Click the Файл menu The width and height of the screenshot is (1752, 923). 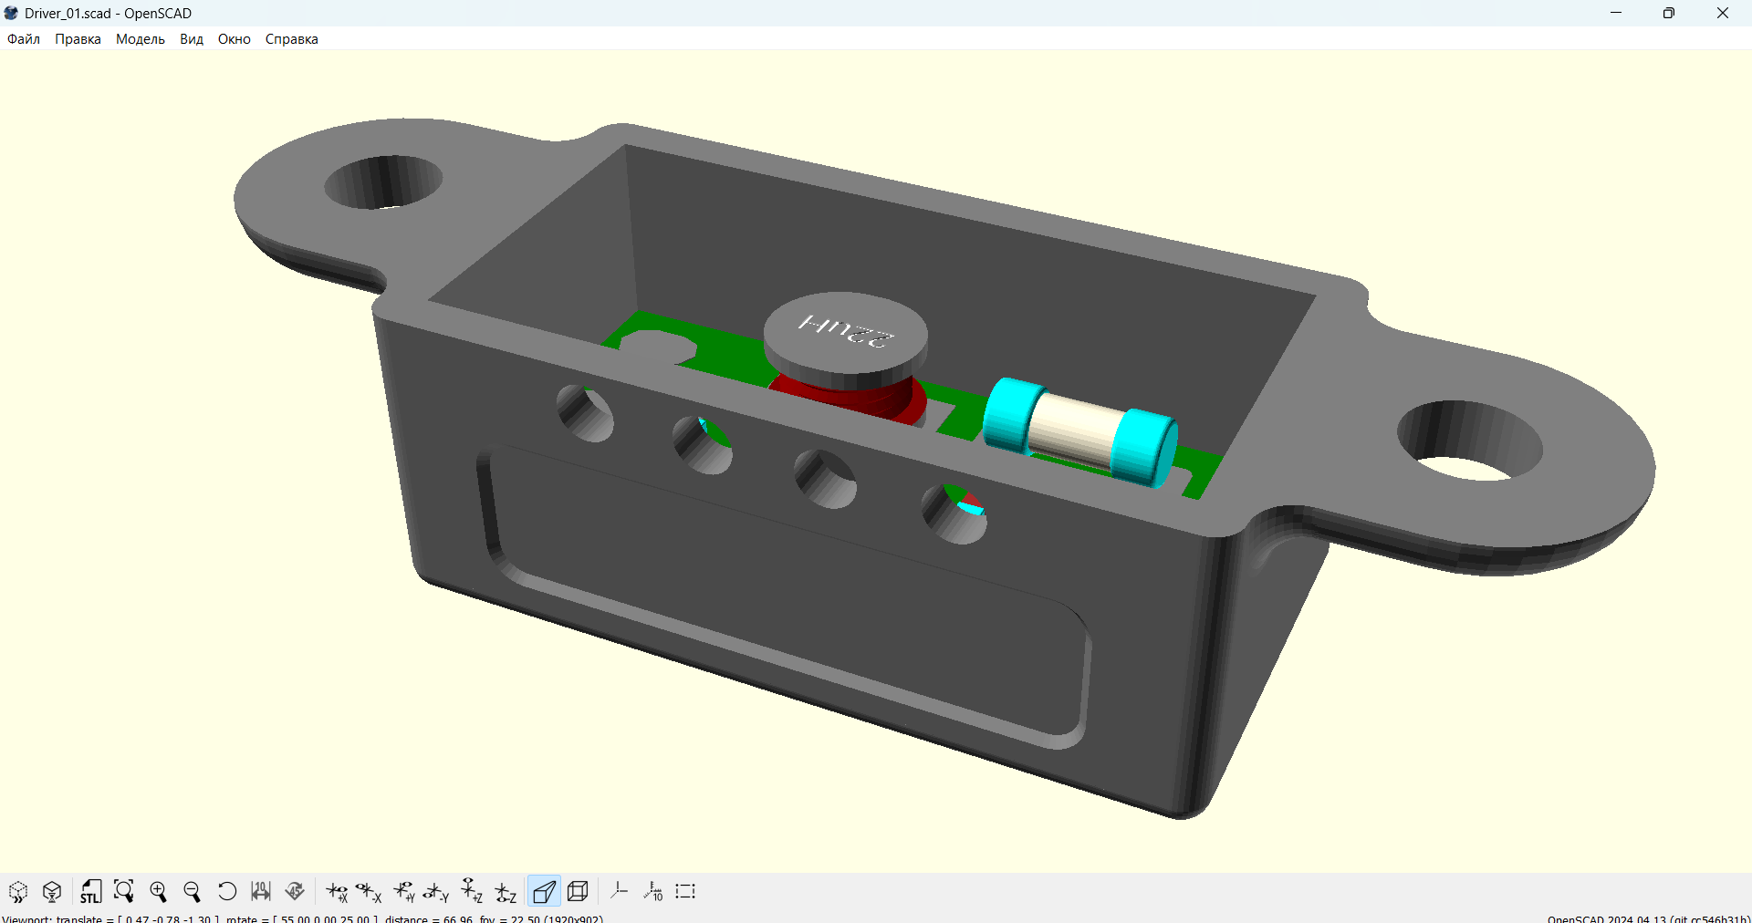pos(24,39)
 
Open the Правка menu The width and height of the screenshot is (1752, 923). pos(78,39)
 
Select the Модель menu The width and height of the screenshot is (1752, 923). pos(140,39)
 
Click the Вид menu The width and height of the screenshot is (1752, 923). pos(191,39)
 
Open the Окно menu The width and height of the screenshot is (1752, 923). pos(234,39)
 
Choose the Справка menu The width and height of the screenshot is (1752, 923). pos(291,39)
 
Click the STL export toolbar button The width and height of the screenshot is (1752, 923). pos(89,891)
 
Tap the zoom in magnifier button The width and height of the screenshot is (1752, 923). pos(158,891)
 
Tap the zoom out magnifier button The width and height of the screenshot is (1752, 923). pos(192,891)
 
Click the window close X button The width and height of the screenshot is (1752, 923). pos(1722,13)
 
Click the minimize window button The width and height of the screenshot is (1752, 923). pos(1616,13)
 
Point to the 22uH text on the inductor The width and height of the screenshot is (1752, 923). pos(846,330)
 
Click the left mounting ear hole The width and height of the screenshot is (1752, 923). pos(383,181)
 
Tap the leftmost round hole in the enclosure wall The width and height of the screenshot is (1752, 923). pos(586,414)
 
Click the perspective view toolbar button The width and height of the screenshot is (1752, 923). pos(544,891)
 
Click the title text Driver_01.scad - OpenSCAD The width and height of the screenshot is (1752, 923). pos(108,13)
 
